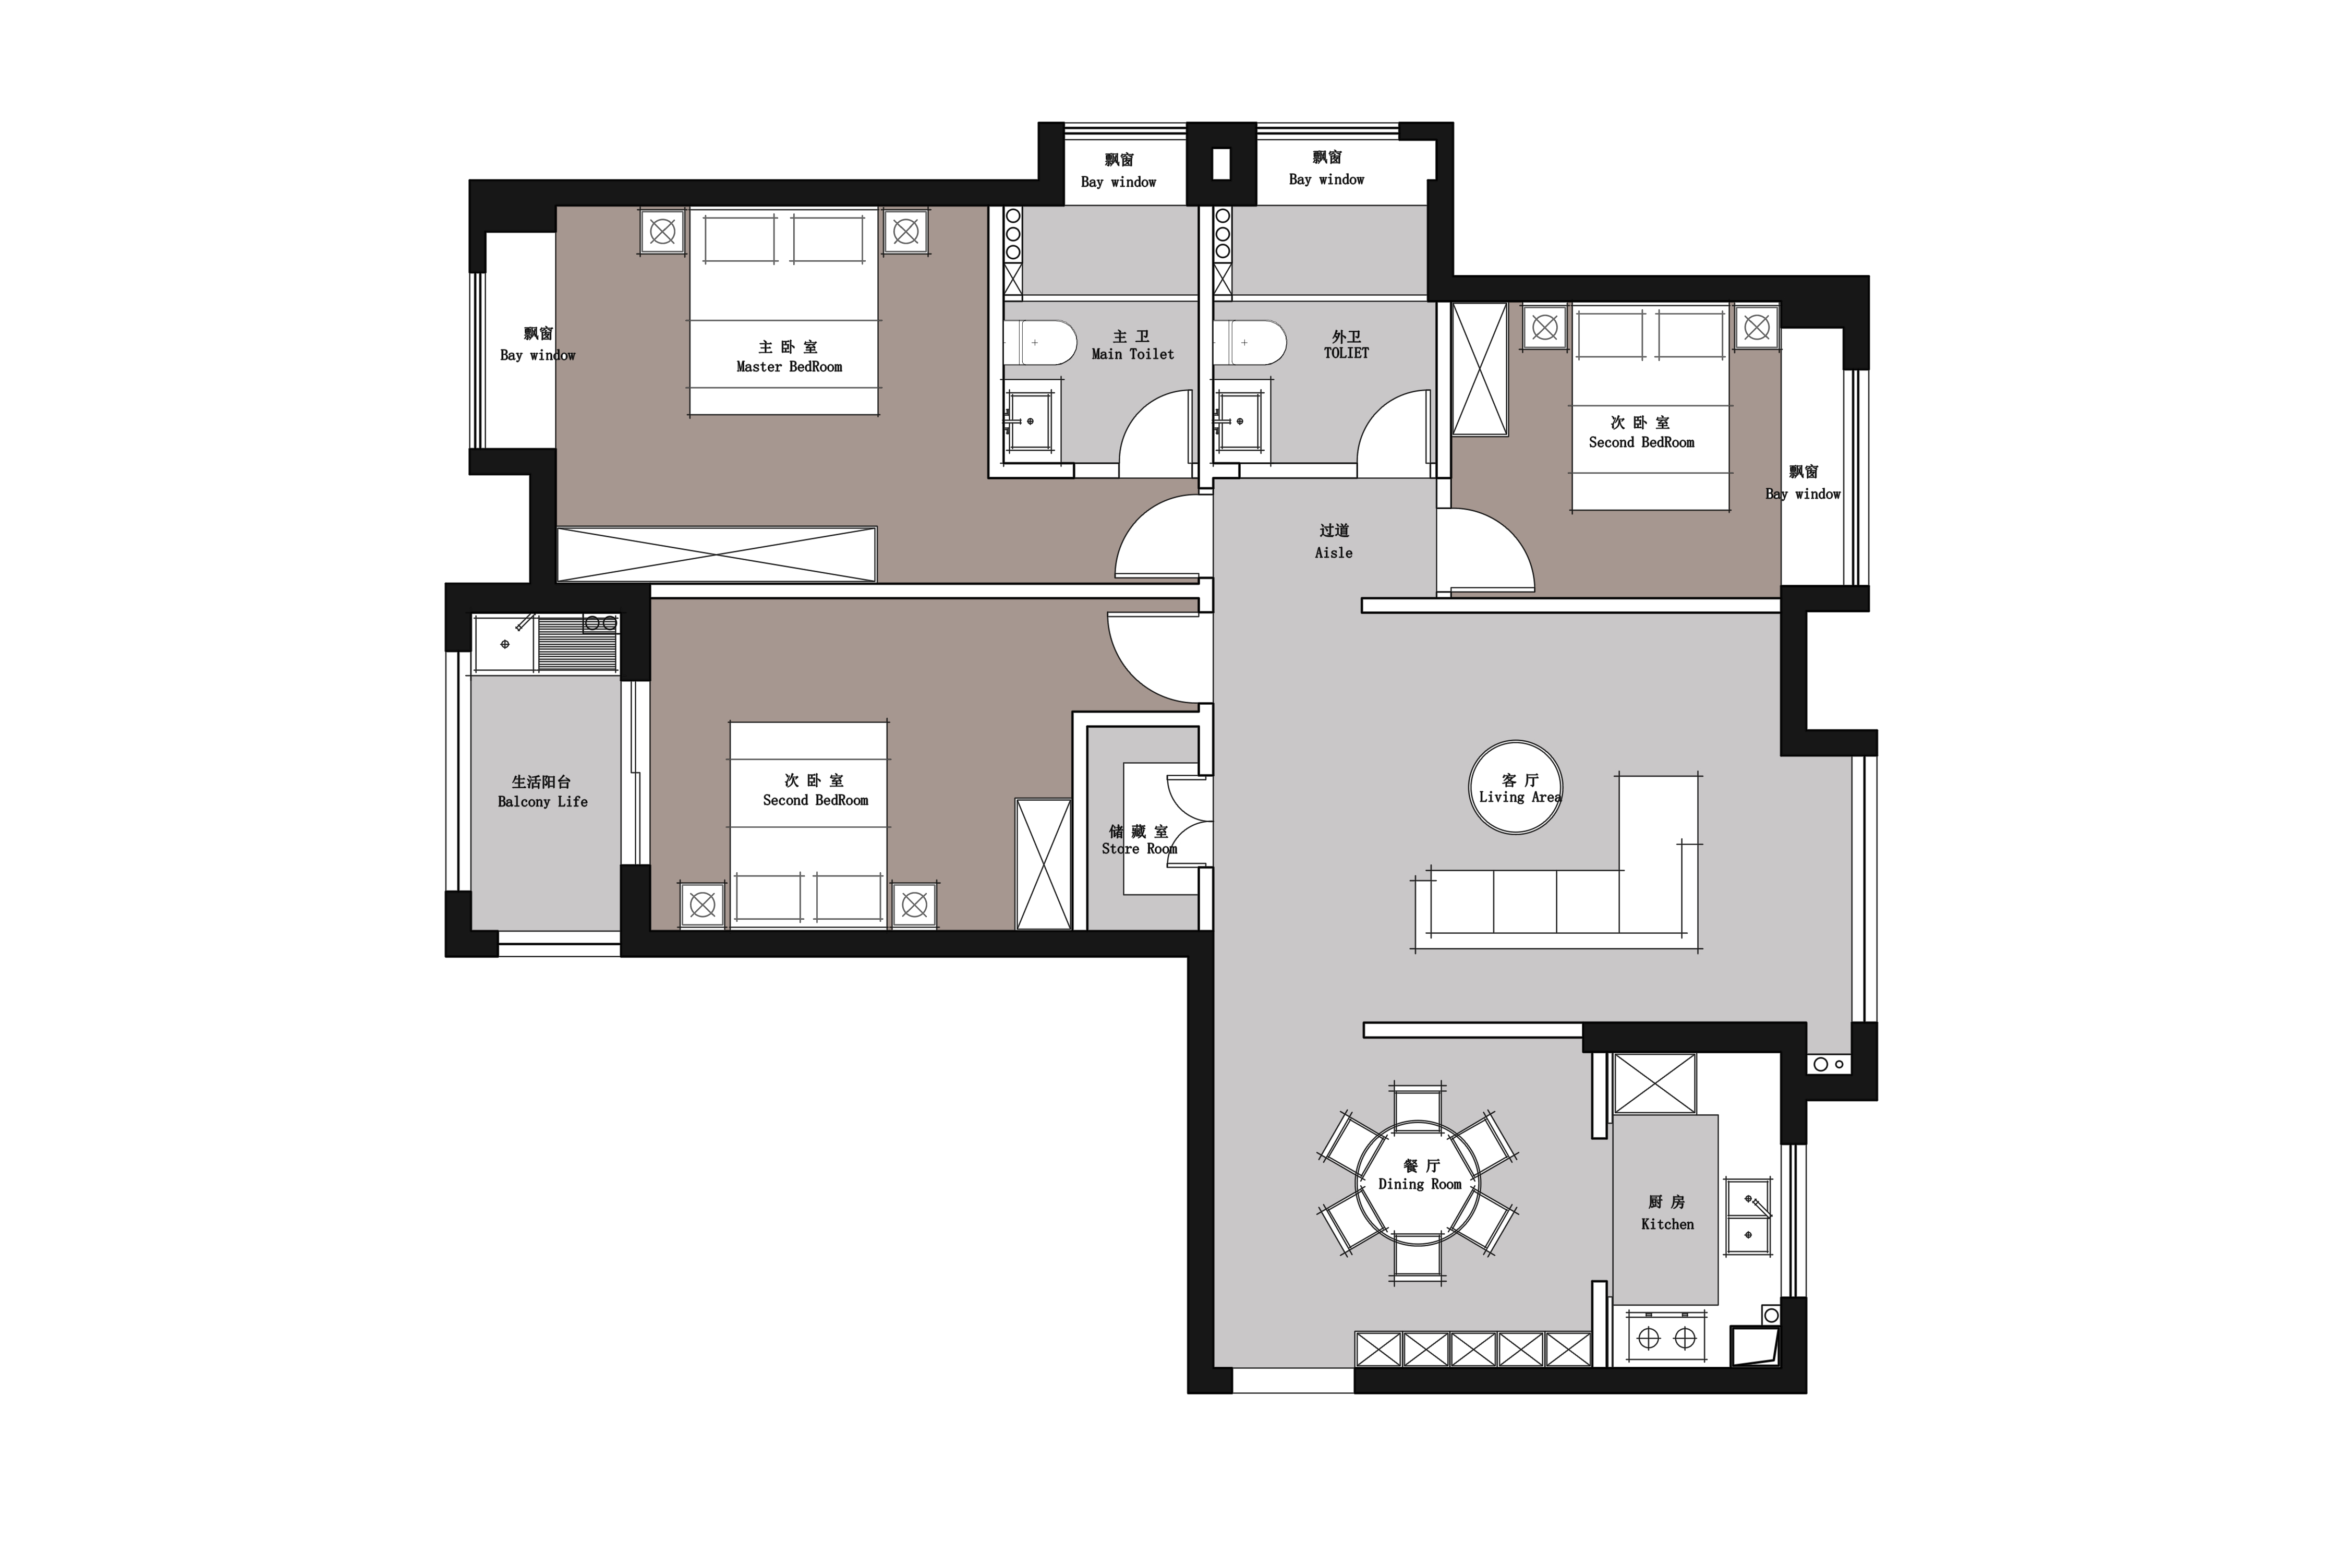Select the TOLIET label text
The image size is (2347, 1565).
[1346, 352]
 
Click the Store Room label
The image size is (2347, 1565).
[1140, 848]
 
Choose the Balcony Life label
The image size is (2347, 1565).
[543, 801]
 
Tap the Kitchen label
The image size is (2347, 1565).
[1667, 1224]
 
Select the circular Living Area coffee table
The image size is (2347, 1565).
[1516, 788]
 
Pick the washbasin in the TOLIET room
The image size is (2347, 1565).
[1238, 421]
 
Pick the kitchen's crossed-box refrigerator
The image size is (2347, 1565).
[1654, 1083]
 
